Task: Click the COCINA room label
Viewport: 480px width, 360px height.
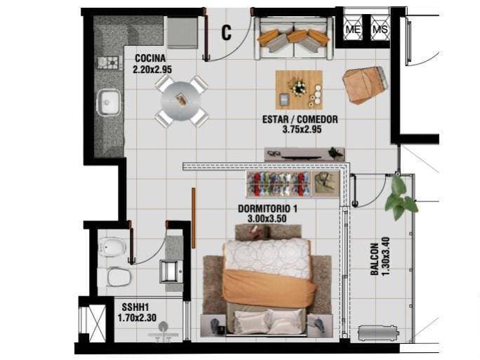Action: [150, 58]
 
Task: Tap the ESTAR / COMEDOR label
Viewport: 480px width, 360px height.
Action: [300, 119]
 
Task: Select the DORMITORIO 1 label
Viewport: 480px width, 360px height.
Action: [267, 209]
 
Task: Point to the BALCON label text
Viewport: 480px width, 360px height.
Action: [375, 259]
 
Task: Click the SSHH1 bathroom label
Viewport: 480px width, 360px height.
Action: [135, 307]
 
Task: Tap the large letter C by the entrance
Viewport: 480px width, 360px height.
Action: [226, 32]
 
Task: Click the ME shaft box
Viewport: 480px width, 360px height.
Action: [353, 28]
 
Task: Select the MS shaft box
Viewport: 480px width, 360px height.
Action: [380, 28]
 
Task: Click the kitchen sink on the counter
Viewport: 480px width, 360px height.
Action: [108, 102]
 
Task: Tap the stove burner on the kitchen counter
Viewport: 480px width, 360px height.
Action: [108, 62]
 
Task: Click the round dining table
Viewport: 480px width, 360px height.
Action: [181, 101]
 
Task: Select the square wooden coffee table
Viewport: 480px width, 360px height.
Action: [299, 90]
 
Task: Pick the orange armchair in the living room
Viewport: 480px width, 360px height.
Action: [364, 85]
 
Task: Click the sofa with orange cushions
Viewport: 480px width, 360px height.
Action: [295, 38]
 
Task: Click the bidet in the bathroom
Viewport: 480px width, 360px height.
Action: [112, 247]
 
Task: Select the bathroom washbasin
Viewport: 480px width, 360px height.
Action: [171, 271]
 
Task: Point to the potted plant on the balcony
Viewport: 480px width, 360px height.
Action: [401, 197]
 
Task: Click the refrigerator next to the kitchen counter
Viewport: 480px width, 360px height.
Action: [182, 33]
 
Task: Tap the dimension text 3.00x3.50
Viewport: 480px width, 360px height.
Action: [267, 218]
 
